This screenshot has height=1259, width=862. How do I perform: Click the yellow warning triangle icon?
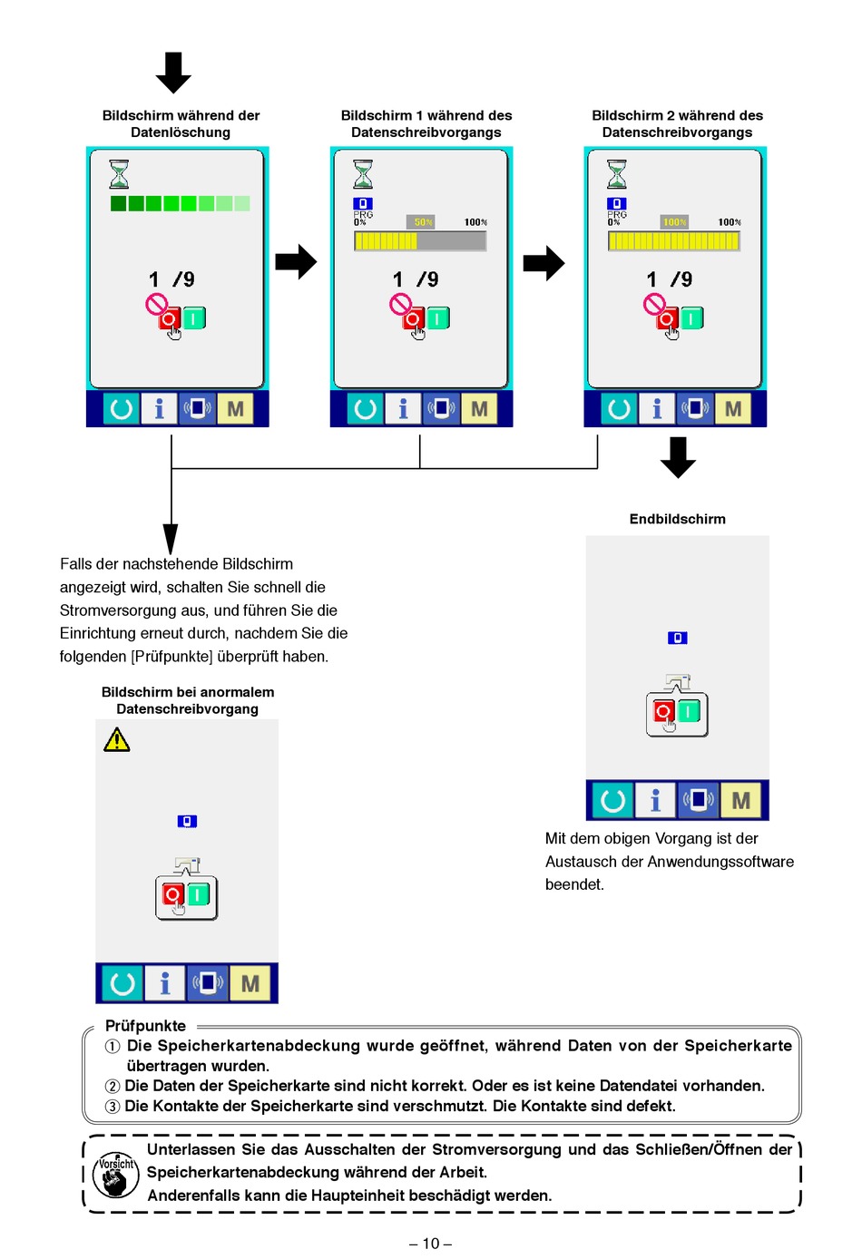(x=116, y=739)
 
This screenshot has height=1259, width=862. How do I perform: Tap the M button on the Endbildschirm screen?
(x=740, y=800)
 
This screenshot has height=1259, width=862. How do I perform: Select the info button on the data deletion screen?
(x=159, y=408)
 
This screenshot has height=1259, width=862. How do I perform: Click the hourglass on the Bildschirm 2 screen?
(x=616, y=173)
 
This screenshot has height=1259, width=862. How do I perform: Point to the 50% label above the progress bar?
(x=423, y=222)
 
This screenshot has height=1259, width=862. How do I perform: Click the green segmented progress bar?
(x=180, y=203)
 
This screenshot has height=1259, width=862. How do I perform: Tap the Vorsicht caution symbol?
(x=116, y=1174)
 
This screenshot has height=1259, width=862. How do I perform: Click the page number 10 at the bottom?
(x=430, y=1244)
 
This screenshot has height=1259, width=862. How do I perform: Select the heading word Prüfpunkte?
(x=145, y=1026)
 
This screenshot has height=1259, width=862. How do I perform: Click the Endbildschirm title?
(x=677, y=519)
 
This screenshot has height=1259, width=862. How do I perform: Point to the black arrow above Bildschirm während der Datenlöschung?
(x=173, y=73)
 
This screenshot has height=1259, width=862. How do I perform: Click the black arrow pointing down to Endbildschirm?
(x=678, y=457)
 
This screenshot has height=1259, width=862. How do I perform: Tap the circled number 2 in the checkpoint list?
(x=113, y=1087)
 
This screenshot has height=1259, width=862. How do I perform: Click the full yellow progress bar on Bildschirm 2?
(x=673, y=241)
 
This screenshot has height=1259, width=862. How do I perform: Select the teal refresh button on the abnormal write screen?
(x=122, y=983)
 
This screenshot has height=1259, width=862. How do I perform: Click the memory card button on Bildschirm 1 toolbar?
(x=441, y=408)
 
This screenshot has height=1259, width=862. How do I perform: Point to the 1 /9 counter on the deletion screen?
(x=171, y=278)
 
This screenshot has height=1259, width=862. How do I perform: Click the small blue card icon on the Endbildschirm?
(x=677, y=638)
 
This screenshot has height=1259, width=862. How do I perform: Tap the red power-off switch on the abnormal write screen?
(x=172, y=894)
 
